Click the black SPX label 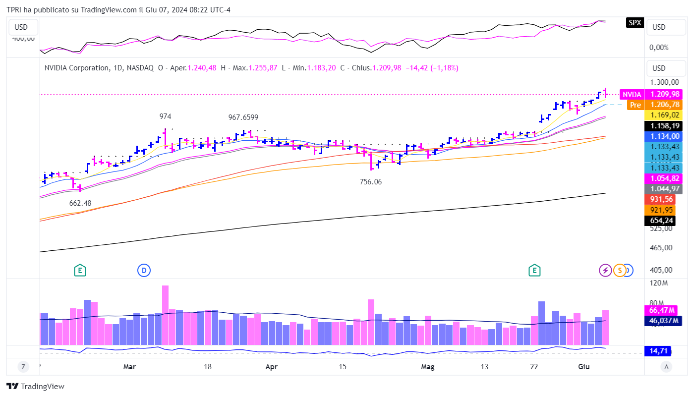[x=635, y=22]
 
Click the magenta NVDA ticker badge [x=632, y=94]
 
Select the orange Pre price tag [x=635, y=105]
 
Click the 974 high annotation [x=165, y=116]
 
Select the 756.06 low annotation [x=371, y=182]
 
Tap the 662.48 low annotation [x=80, y=203]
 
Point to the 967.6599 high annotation [x=243, y=117]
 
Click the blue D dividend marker [x=144, y=270]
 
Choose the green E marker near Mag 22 [x=534, y=270]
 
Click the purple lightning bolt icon [x=605, y=270]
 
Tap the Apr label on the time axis [x=271, y=367]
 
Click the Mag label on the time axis [x=427, y=367]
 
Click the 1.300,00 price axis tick [x=665, y=82]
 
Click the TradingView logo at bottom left [x=36, y=387]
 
